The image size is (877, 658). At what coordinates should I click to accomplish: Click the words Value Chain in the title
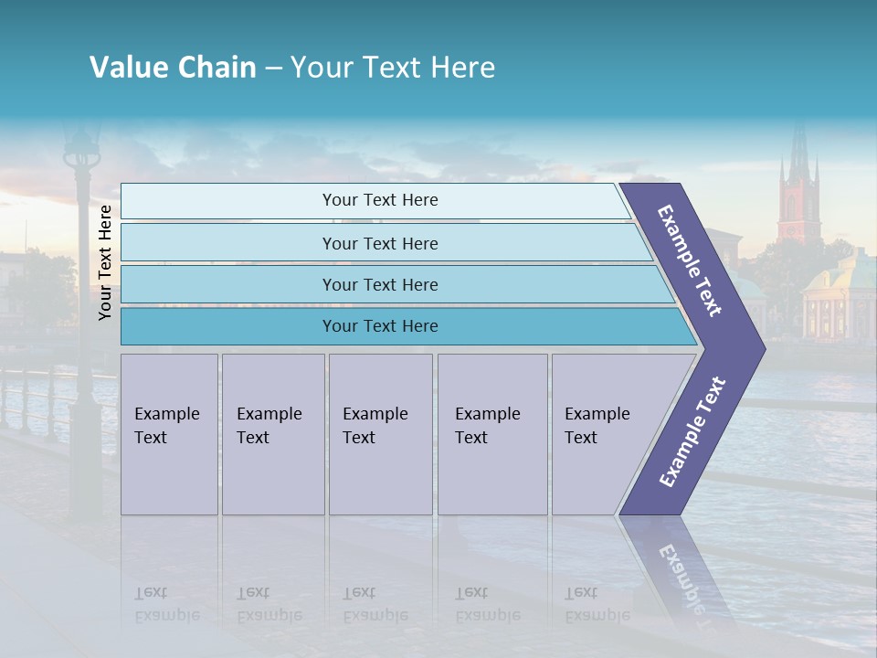coord(173,68)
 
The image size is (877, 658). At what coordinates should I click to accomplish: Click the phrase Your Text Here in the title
coord(393,68)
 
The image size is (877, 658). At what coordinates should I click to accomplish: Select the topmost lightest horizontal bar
coord(379,200)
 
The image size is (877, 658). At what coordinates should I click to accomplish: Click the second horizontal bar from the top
coord(379,243)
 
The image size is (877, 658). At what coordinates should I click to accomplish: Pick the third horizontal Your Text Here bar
coord(379,284)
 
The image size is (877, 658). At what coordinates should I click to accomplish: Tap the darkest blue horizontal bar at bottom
coord(379,326)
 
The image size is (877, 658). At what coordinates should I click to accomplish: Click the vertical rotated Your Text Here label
coord(105,262)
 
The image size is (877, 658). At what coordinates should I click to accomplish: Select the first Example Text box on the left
coord(169,434)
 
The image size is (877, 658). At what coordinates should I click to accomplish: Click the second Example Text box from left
coord(272,434)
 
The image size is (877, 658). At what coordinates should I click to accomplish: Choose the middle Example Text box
coord(379,434)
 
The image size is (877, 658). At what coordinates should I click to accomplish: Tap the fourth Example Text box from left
coord(491,434)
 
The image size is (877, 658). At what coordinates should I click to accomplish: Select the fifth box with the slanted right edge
coord(603,434)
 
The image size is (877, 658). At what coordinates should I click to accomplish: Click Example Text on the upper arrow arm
coord(690,260)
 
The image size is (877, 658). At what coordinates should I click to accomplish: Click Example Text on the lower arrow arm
coord(692,431)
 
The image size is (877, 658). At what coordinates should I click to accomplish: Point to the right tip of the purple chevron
coord(763,349)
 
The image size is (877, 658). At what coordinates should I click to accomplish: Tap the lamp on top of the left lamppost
coord(82,146)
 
